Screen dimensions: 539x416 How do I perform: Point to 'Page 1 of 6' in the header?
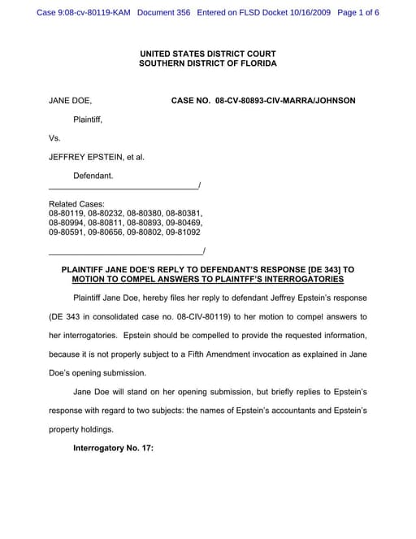point(358,13)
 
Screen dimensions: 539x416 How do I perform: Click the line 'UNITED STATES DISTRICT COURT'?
point(208,54)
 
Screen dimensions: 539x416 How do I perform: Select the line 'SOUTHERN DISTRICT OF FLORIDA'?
point(208,63)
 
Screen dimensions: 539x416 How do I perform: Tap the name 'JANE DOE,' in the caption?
point(70,101)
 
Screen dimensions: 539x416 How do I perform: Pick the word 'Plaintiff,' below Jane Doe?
point(89,120)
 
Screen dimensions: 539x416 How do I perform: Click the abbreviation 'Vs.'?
point(55,138)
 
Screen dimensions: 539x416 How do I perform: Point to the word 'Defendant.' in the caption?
point(93,176)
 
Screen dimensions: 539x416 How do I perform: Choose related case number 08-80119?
point(67,213)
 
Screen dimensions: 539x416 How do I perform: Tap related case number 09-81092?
point(183,232)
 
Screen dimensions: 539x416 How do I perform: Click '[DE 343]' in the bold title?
point(319,269)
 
